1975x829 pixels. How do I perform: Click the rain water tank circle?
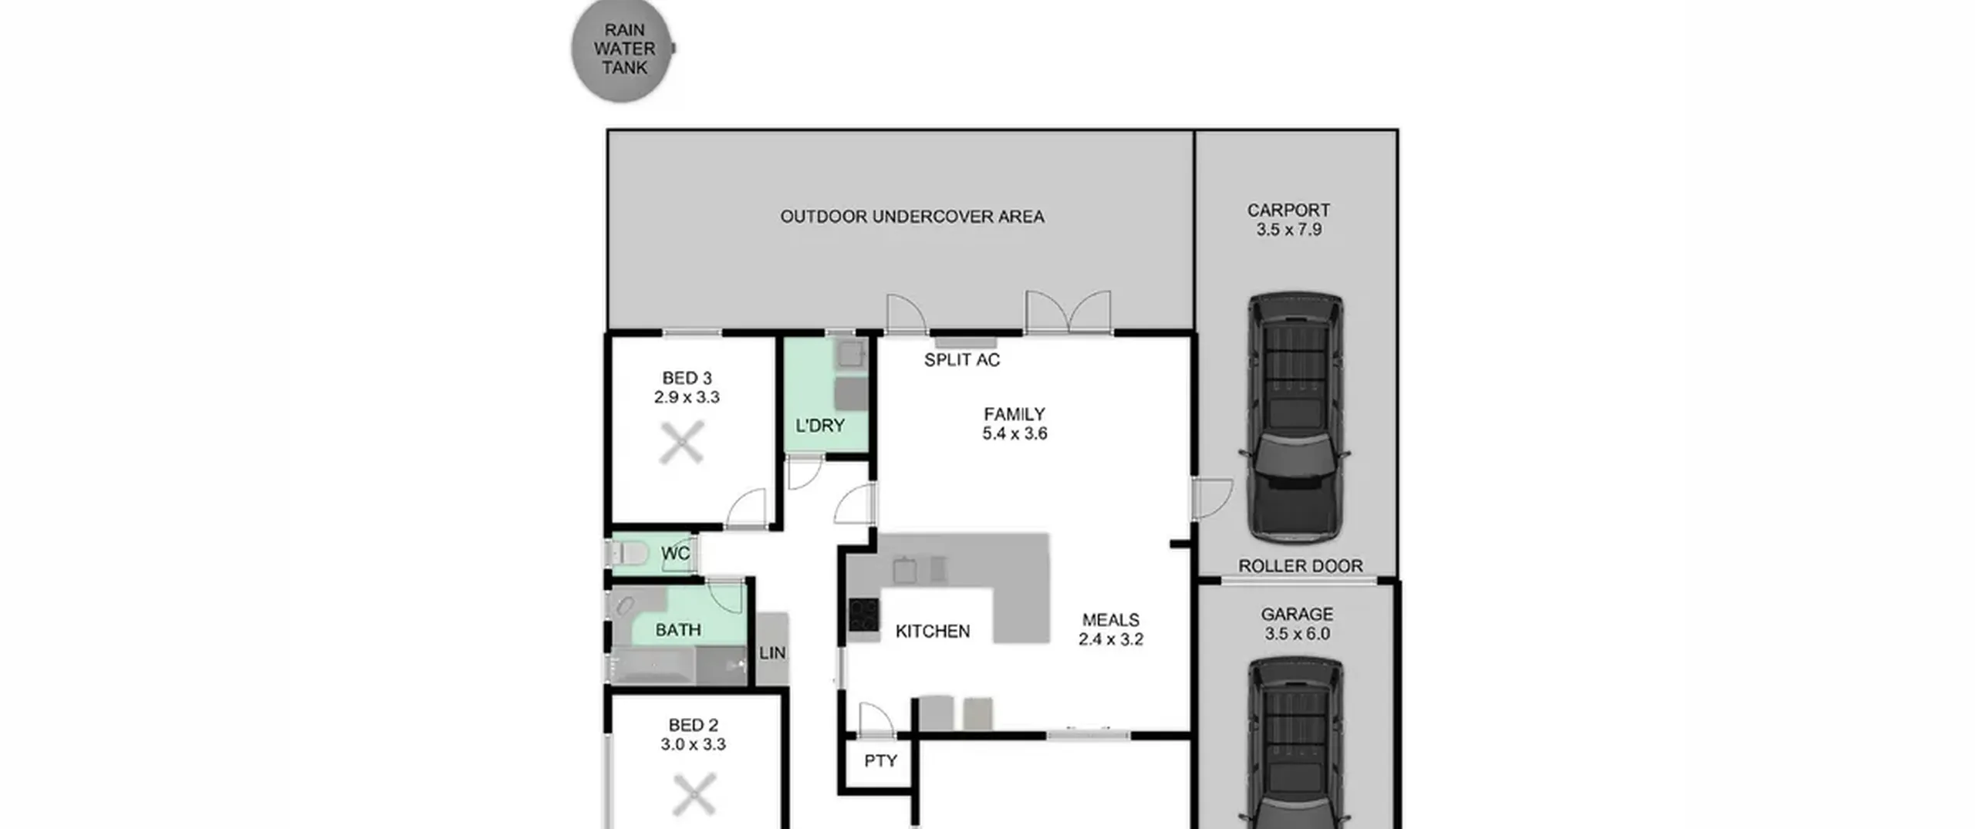click(622, 49)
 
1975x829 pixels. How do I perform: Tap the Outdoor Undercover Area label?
click(912, 217)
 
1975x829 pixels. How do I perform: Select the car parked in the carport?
click(1295, 417)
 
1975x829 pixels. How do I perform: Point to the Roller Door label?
click(1300, 566)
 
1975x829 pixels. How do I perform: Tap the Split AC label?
click(961, 359)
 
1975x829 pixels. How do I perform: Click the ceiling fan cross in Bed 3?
click(682, 443)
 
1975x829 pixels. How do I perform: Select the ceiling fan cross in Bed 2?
click(694, 795)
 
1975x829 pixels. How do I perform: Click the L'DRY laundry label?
click(819, 426)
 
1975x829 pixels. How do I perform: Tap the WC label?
click(675, 554)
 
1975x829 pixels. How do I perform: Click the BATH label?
click(678, 630)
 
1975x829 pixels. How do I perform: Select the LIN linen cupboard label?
click(772, 652)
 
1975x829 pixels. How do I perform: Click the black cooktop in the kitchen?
click(864, 615)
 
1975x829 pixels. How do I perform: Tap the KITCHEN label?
click(933, 632)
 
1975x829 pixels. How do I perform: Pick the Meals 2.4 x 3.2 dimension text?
click(1111, 629)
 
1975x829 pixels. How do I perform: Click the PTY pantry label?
click(880, 761)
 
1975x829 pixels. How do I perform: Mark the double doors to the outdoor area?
click(1069, 312)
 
